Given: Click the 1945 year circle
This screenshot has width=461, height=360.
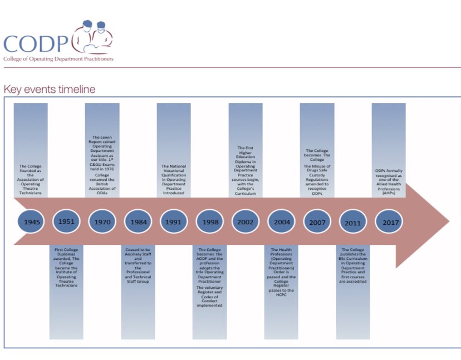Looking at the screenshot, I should [32, 222].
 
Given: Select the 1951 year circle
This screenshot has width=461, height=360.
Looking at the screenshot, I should [68, 222].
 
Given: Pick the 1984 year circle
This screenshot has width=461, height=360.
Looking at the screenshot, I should [138, 222].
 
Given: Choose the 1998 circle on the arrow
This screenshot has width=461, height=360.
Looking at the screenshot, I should [209, 222].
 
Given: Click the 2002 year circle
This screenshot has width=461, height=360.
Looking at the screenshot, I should [245, 222].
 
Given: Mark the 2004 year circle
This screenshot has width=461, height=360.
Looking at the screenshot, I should [281, 222].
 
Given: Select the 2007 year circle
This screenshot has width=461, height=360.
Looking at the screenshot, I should [317, 222].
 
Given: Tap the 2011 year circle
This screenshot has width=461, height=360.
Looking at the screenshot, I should [353, 222].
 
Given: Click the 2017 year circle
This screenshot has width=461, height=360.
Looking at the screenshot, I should [388, 222].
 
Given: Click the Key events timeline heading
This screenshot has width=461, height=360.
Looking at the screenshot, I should [49, 89].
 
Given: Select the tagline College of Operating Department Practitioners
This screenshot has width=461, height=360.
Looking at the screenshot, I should [58, 59].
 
